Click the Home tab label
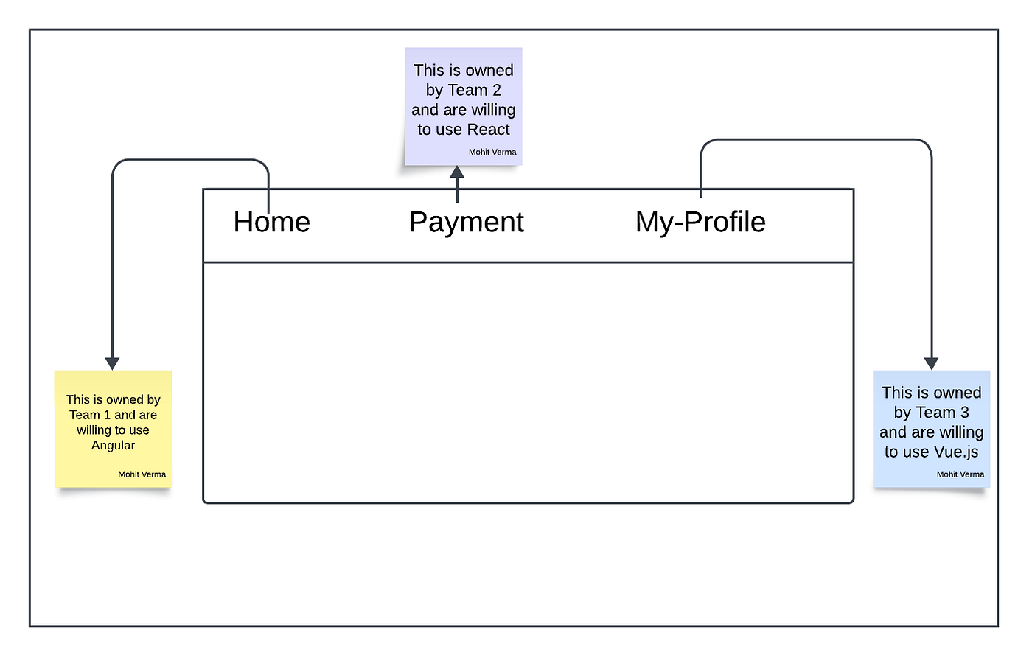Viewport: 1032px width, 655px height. (272, 222)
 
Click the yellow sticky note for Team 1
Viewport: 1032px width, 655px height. (114, 429)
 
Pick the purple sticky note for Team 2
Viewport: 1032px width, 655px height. (464, 106)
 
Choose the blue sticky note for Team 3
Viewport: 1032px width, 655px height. (932, 429)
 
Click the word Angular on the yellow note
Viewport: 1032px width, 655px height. (113, 446)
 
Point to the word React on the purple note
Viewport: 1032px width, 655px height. (488, 130)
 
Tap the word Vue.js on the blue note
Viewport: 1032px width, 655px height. (954, 452)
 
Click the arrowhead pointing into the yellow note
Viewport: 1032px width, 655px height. (112, 363)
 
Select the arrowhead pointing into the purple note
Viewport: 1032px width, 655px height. (457, 172)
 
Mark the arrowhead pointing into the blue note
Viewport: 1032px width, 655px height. (931, 363)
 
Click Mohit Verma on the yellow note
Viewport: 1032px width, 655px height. (142, 474)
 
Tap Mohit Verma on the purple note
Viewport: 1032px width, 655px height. (492, 152)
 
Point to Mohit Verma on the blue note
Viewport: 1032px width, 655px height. (960, 474)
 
